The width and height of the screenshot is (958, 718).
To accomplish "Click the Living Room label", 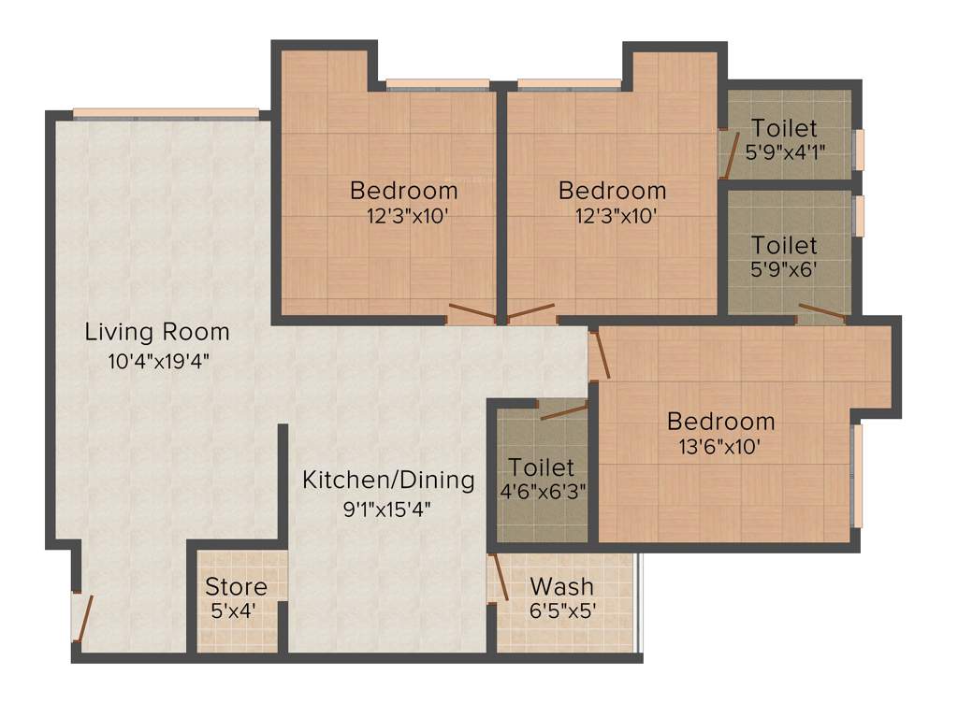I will click(x=157, y=331).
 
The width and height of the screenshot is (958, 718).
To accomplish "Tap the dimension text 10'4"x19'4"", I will click(x=157, y=361).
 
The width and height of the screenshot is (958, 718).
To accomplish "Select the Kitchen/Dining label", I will click(x=388, y=481).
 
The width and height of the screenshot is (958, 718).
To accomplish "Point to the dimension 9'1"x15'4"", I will click(x=386, y=510).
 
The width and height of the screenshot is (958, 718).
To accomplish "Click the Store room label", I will click(x=236, y=587).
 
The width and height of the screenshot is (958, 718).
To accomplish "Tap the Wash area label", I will click(x=561, y=587).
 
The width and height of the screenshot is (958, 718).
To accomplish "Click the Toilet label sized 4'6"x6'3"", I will click(x=541, y=467).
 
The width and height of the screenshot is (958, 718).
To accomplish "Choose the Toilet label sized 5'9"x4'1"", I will click(x=784, y=128).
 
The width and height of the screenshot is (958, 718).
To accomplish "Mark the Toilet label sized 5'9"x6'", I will click(x=784, y=246).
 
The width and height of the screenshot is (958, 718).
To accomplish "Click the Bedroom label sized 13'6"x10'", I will click(x=720, y=421).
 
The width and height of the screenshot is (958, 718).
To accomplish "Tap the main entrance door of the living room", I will click(x=83, y=616).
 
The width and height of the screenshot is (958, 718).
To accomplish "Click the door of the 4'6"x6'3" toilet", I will click(x=562, y=410).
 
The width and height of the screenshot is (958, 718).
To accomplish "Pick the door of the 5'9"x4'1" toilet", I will click(x=728, y=152).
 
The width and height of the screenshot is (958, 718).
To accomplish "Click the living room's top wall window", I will click(x=166, y=113).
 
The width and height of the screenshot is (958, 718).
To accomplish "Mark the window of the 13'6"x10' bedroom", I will click(x=856, y=476).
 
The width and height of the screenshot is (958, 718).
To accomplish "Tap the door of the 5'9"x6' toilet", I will click(x=821, y=312).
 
